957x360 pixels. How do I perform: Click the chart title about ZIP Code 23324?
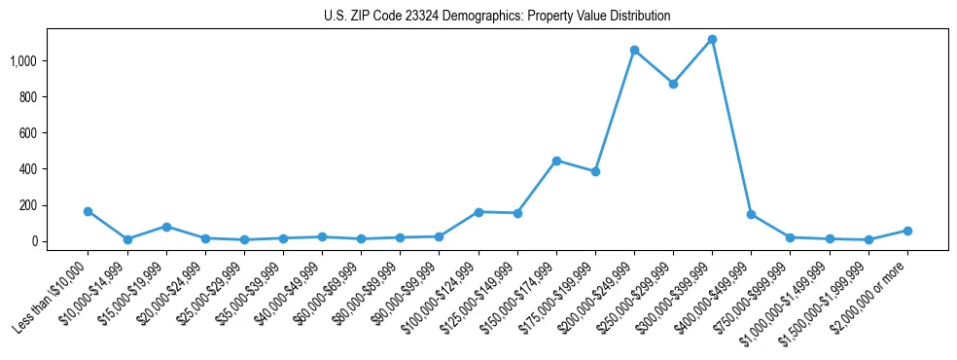[x=497, y=17]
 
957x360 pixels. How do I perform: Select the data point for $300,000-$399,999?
[x=712, y=39]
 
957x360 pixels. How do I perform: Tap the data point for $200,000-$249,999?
[x=634, y=50]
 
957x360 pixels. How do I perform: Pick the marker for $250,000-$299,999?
[x=673, y=84]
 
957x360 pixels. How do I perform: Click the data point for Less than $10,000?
[x=89, y=211]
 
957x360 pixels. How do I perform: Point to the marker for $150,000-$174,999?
[x=556, y=161]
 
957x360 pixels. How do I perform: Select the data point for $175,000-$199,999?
[x=595, y=171]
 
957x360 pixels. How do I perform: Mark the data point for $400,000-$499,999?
[x=751, y=214]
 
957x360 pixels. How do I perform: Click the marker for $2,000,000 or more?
[x=907, y=231]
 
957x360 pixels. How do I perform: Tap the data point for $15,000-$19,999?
[x=166, y=227]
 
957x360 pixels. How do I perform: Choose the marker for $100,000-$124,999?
[x=478, y=211]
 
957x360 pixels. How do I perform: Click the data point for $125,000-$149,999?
[x=517, y=213]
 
